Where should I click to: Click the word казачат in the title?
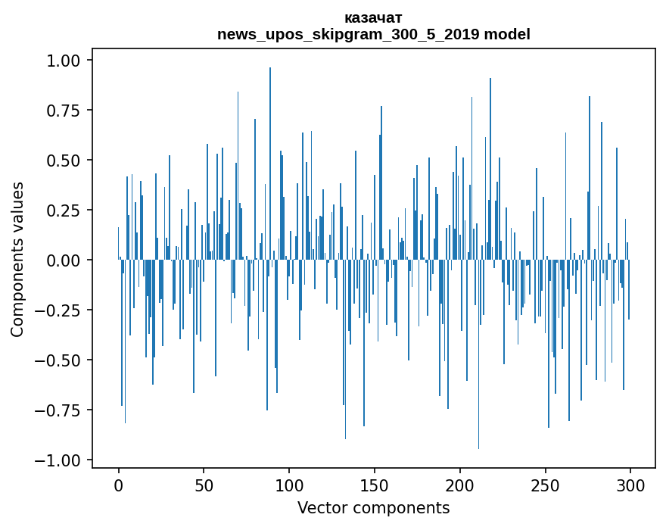coord(373,17)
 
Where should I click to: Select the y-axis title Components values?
coord(17,259)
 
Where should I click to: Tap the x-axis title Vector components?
coord(373,508)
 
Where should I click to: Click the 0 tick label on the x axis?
coord(119,486)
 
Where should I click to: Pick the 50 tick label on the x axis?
coord(204,486)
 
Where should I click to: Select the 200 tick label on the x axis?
coord(460,486)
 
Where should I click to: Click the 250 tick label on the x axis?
coord(546,486)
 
